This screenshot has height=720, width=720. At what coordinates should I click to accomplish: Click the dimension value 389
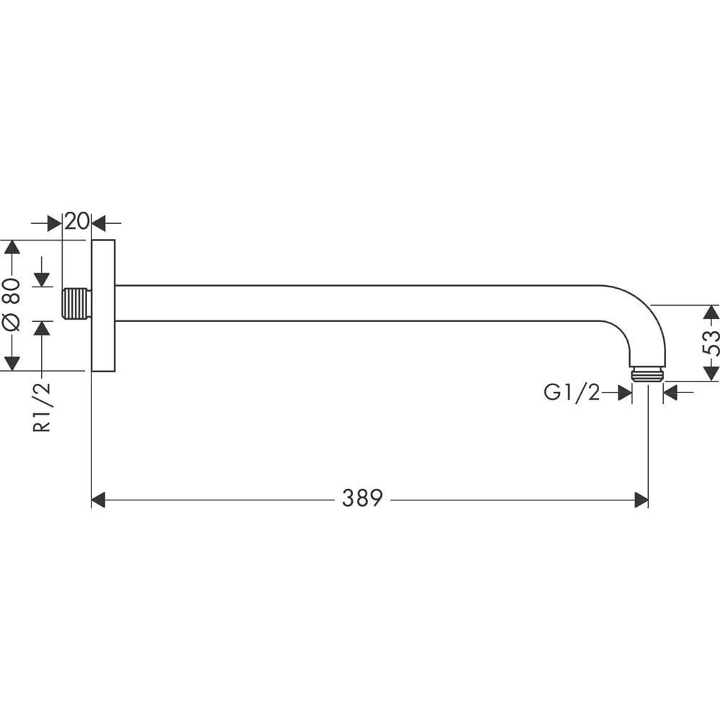point(361,498)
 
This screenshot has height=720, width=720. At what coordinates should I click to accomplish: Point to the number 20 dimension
point(76,222)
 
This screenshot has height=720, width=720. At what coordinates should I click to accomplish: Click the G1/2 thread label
point(572,392)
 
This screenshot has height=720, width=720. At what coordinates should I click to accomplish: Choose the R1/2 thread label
point(42,407)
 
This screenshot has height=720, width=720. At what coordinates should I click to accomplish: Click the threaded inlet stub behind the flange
point(76,303)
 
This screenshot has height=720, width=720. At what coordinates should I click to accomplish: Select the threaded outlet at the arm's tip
point(647,374)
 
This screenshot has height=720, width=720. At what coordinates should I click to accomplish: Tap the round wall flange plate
point(103,305)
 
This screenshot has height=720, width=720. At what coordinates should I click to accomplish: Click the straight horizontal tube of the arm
point(360,303)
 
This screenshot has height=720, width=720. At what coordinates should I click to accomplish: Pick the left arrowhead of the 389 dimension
point(99,500)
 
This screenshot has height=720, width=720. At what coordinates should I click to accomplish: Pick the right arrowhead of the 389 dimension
point(641,500)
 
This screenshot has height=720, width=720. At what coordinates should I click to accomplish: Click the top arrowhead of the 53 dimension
point(711,312)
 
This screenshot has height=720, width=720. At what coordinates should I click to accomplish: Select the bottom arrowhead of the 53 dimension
point(711,373)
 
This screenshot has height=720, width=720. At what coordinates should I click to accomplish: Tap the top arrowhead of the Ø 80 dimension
point(11,247)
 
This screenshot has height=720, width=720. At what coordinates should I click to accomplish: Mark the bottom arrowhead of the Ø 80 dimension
point(11,363)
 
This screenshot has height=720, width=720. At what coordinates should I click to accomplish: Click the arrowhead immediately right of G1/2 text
point(624,392)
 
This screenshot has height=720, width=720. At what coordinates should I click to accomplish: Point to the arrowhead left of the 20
point(54,223)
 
